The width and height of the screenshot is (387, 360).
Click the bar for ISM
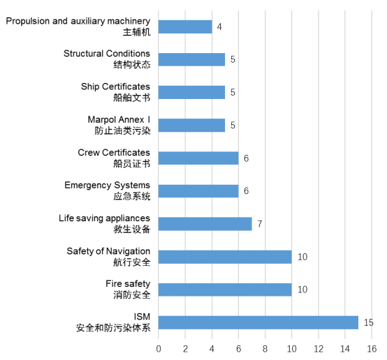click(258, 322)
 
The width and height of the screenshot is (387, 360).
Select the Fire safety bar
click(225, 290)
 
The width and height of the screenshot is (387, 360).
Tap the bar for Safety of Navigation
click(225, 257)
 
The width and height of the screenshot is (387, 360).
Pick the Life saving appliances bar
click(205, 224)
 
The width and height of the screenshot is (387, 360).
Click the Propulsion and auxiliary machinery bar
click(185, 27)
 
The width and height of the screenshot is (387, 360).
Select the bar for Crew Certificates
click(198, 158)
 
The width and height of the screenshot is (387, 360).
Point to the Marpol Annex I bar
click(192, 126)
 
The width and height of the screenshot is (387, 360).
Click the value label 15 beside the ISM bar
click(369, 322)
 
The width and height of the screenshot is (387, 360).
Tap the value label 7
click(260, 224)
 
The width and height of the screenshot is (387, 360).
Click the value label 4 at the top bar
click(219, 27)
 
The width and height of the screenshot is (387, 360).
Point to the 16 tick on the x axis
click(372, 349)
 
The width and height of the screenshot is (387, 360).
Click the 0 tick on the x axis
click(159, 349)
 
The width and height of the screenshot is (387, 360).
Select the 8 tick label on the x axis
click(265, 349)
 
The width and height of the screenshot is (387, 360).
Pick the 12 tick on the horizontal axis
click(319, 349)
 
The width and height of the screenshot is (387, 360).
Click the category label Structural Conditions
click(107, 54)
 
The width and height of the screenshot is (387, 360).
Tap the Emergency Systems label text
click(108, 186)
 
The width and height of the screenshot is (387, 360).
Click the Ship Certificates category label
click(115, 87)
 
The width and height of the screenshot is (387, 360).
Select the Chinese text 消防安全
click(132, 295)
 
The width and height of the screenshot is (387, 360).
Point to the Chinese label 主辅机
click(136, 32)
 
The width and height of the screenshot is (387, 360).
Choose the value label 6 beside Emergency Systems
click(246, 191)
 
